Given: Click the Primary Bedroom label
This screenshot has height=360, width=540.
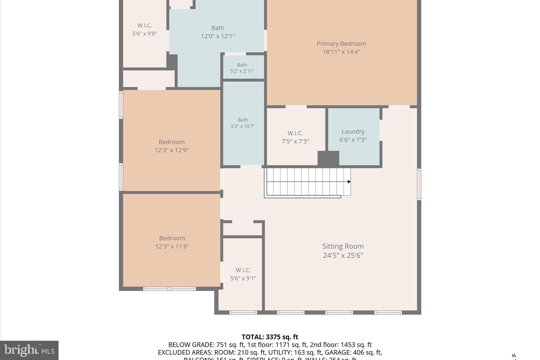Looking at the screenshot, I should click(x=341, y=43).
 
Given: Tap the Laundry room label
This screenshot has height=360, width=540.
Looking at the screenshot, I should click(x=353, y=132).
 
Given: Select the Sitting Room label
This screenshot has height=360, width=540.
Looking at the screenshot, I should click(x=343, y=246).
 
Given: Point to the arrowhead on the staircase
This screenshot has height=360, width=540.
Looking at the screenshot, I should click(x=349, y=182).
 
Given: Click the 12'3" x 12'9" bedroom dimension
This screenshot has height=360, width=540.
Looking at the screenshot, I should click(x=171, y=150).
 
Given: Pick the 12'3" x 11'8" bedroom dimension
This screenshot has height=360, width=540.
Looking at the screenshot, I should click(x=172, y=247).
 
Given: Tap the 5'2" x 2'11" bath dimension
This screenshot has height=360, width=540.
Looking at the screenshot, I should click(x=242, y=71).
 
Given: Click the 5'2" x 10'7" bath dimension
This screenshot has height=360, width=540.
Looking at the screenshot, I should click(x=243, y=126).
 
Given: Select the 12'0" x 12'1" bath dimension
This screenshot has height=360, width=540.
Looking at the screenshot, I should click(x=217, y=36).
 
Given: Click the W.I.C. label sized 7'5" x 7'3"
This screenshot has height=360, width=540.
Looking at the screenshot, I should click(x=295, y=133).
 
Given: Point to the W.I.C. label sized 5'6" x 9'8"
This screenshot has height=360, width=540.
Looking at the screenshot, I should click(x=144, y=25).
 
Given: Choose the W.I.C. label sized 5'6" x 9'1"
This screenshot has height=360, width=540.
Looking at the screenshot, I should click(x=243, y=270).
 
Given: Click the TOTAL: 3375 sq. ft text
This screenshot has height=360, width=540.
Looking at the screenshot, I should click(x=270, y=337).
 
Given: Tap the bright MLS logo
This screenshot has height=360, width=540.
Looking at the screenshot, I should click(x=29, y=351).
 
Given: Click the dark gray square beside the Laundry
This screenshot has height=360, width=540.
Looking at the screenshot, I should click(x=328, y=158).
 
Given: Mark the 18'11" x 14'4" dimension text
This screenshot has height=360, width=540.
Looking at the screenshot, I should click(x=341, y=52).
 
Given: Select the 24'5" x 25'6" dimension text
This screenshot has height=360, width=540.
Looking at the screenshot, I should click(x=343, y=255).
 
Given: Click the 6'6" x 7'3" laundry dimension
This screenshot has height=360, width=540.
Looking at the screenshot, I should click(x=353, y=140).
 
